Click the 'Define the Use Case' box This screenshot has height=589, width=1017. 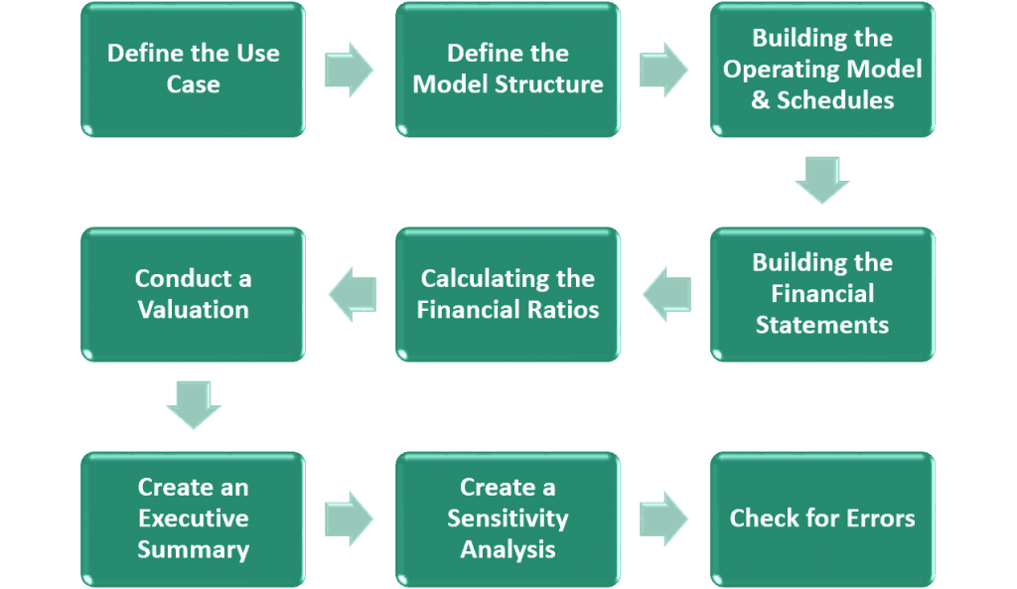point(194,70)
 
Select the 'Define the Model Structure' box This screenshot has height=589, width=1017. point(508,70)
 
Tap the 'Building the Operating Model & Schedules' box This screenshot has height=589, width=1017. point(822,70)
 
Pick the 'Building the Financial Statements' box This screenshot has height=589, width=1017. point(822,294)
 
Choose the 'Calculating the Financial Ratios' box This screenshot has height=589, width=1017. point(508,294)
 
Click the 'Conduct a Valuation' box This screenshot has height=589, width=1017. point(194,294)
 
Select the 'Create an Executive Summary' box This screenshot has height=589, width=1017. point(194,519)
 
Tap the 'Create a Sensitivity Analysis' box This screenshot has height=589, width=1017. point(508,519)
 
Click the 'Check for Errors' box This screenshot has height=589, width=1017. point(822,519)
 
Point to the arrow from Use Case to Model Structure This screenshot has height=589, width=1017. point(349,71)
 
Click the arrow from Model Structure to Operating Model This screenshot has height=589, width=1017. point(663,71)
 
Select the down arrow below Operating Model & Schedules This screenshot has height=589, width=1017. point(822,180)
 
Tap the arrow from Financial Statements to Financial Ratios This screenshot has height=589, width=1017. point(666,294)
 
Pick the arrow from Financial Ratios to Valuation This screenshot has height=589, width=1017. point(353,294)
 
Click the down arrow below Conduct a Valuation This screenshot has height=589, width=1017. point(194,405)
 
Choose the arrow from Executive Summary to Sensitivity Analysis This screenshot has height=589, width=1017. point(349,518)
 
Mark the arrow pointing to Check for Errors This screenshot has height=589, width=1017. point(663,518)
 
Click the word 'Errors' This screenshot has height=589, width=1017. point(881,518)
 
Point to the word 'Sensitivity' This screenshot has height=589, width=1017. point(508,518)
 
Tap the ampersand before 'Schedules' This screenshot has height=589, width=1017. point(760,100)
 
